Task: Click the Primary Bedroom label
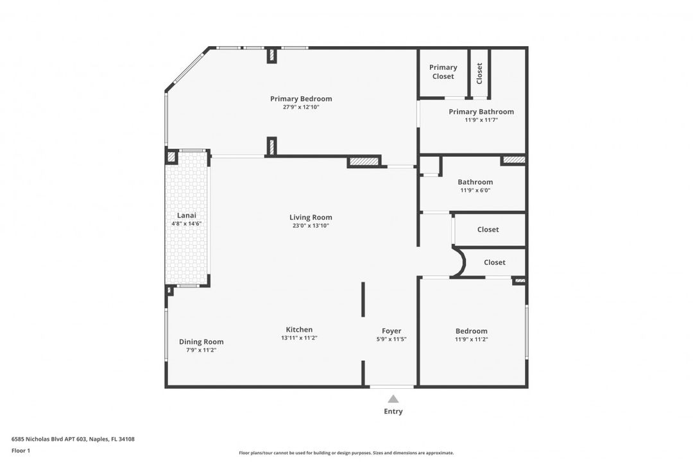tap(301, 99)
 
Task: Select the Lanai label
tap(187, 216)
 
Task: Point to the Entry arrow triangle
tap(393, 399)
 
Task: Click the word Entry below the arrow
tap(393, 411)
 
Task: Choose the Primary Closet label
tap(443, 72)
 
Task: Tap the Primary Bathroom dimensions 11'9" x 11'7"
tap(481, 120)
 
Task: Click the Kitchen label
tap(299, 329)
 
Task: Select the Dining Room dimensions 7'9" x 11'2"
tap(201, 350)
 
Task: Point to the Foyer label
tap(391, 330)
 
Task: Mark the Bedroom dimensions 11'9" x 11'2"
tap(472, 339)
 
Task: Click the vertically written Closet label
tap(479, 73)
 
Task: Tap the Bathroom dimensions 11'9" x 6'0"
tap(475, 191)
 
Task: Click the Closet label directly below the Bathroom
tap(488, 230)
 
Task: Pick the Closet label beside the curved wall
tap(495, 262)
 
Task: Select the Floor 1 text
tap(21, 450)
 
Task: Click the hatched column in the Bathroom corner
tap(513, 160)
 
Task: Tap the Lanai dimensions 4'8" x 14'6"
tap(187, 224)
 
